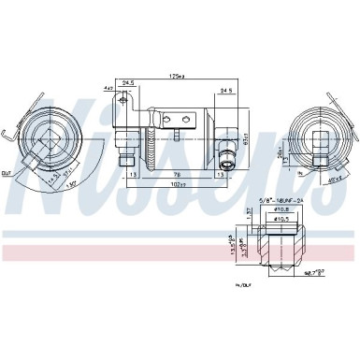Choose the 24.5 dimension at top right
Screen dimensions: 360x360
pos(226,91)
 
